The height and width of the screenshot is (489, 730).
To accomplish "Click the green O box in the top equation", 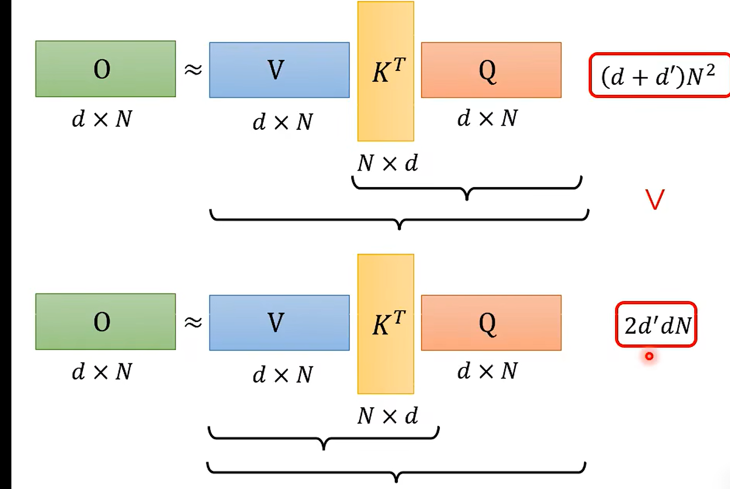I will [106, 69].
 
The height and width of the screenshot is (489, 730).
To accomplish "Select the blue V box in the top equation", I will [279, 70].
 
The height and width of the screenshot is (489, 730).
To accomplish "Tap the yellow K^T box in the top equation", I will [385, 71].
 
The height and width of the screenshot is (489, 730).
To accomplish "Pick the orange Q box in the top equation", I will [491, 70].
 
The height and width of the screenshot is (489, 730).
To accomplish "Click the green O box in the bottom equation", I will [106, 322].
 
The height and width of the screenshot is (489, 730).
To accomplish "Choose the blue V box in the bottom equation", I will [279, 323].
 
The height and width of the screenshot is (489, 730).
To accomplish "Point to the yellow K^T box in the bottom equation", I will [385, 324].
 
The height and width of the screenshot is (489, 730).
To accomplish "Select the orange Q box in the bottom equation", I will [491, 323].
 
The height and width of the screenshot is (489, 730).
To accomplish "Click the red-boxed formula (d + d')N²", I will [659, 75].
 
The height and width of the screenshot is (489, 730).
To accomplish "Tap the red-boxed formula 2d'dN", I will [657, 325].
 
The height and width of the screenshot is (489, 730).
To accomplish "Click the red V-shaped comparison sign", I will [654, 200].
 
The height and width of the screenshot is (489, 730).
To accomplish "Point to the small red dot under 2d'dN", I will [649, 356].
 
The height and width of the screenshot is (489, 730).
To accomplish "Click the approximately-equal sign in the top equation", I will [193, 69].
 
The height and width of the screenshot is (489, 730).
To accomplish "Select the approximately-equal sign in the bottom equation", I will [193, 322].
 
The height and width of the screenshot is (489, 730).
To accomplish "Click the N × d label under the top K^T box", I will [388, 163].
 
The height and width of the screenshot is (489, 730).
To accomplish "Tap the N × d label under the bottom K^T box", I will [388, 416].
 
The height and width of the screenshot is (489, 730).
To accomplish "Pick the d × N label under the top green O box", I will [102, 119].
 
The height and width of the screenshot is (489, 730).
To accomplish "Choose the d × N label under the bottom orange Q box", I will [487, 371].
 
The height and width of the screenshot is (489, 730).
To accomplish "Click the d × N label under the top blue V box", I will [282, 123].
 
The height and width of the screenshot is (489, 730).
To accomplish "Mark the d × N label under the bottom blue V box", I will [282, 375].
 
